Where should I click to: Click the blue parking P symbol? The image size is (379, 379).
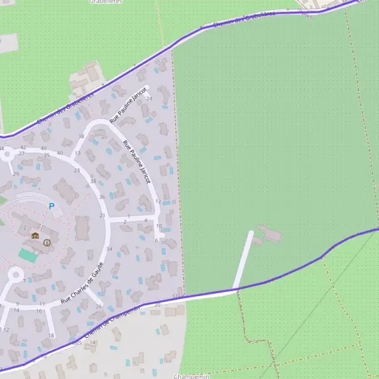pyautogui.click(x=52, y=205)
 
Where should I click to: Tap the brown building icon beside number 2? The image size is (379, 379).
pyautogui.click(x=35, y=236)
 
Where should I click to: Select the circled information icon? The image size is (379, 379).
pyautogui.click(x=47, y=243)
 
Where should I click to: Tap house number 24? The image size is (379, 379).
pyautogui.click(x=149, y=99)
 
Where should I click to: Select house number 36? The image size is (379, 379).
pyautogui.click(x=102, y=197)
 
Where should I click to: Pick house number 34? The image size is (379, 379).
pyautogui.click(x=109, y=250)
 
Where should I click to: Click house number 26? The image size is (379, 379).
pyautogui.click(x=99, y=306)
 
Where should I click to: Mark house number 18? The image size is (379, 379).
pyautogui.click(x=52, y=335)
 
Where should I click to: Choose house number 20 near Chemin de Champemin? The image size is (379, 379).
pyautogui.click(x=157, y=305)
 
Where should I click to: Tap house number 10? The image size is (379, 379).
pyautogui.click(x=159, y=226)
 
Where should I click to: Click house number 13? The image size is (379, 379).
pyautogui.click(x=77, y=153)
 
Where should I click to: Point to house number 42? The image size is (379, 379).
pyautogui.click(x=23, y=147)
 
